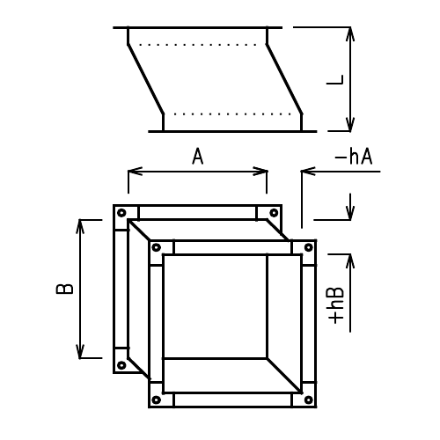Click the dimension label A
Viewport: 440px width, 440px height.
coord(198,157)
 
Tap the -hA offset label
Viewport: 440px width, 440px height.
coord(354,157)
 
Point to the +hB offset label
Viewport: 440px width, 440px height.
coord(337,305)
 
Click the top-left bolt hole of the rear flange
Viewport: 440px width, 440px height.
coord(122,213)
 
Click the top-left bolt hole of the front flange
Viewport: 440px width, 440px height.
coord(156,247)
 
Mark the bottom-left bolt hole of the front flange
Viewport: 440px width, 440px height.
coord(156,400)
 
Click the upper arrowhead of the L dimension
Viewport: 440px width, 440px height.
coord(350,33)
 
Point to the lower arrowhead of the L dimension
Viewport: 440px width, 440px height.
coord(350,125)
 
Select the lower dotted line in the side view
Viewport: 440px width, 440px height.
coord(233,114)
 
